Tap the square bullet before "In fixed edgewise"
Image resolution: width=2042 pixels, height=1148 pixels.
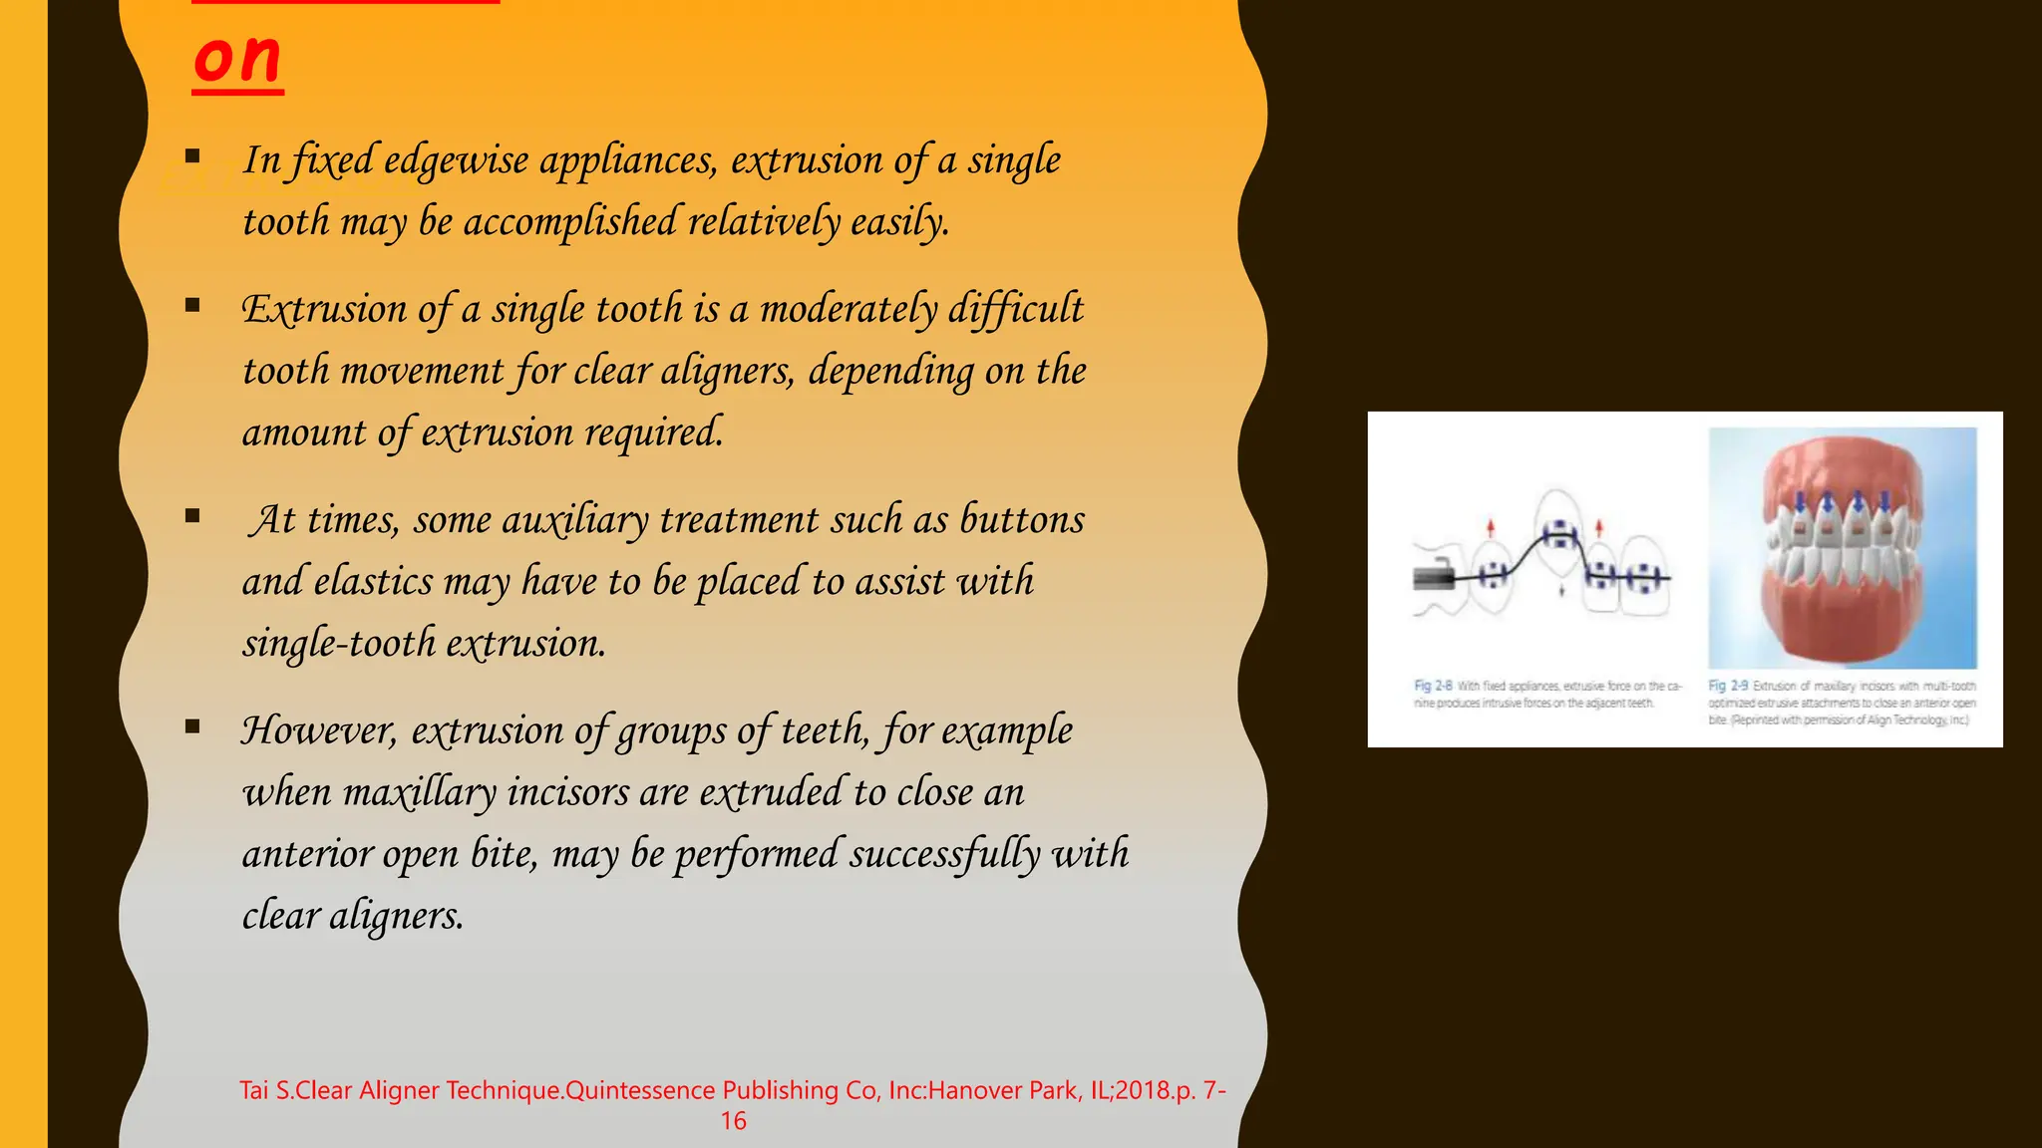pyautogui.click(x=192, y=156)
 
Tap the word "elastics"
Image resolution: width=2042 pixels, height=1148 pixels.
pyautogui.click(x=373, y=582)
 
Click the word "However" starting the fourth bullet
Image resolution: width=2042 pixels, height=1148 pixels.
pyautogui.click(x=319, y=730)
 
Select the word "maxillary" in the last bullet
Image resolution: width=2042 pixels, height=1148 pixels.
pyautogui.click(x=419, y=793)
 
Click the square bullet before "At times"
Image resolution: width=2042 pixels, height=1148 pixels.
pyautogui.click(x=192, y=516)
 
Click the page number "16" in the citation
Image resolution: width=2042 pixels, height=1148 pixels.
pyautogui.click(x=733, y=1121)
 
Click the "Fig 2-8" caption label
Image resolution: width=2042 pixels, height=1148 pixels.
pyautogui.click(x=1433, y=686)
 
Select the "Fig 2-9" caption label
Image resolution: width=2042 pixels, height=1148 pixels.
pyautogui.click(x=1728, y=686)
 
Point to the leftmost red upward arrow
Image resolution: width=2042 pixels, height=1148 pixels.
pyautogui.click(x=1491, y=528)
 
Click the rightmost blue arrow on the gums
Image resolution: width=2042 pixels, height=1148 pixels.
pyautogui.click(x=1884, y=501)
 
